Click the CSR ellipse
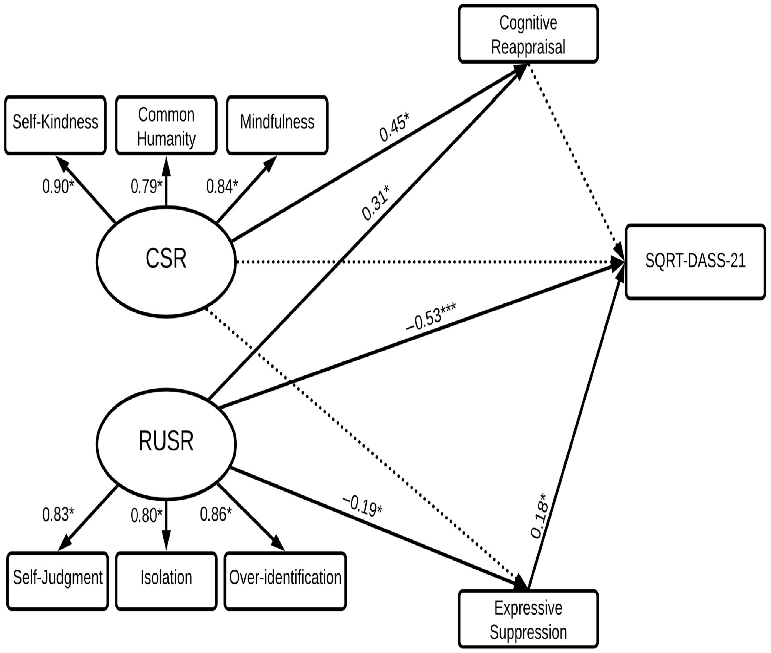(166, 261)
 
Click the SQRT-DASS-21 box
(695, 261)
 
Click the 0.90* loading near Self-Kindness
(58, 186)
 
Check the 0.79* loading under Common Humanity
(146, 186)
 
